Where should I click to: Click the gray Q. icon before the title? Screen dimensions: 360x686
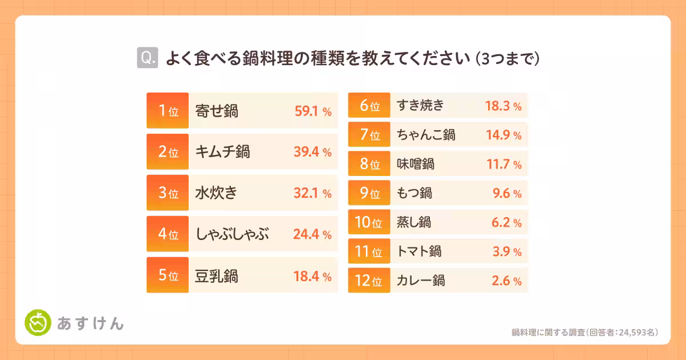point(147,58)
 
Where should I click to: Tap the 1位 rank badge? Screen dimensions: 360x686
point(167,111)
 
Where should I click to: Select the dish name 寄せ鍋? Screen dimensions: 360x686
point(217,111)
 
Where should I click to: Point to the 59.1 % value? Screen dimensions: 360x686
point(313,111)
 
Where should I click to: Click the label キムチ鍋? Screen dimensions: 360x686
point(222,152)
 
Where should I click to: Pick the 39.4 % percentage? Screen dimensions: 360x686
point(313,152)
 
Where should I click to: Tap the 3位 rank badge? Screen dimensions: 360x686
point(167,193)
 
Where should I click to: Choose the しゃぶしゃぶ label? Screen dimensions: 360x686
point(232,234)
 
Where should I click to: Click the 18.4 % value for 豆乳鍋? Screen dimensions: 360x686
point(313,276)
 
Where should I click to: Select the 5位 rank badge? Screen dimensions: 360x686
point(167,276)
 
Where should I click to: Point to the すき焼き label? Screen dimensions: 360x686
point(420,106)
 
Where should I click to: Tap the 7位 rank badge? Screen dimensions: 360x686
point(369,135)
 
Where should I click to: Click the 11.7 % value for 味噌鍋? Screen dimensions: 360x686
point(503,165)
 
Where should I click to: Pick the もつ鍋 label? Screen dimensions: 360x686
point(414,194)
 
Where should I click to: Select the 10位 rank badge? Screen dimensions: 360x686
point(369,223)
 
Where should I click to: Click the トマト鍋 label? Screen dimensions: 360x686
point(419,251)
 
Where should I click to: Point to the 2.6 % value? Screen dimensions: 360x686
point(506,281)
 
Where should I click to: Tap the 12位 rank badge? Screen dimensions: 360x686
point(369,281)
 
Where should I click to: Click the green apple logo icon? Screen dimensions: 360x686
point(38,323)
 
